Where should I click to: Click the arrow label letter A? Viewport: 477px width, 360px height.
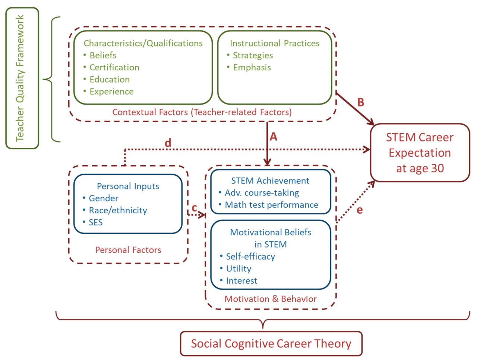pyautogui.click(x=274, y=137)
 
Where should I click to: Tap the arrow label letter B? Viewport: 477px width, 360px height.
pyautogui.click(x=361, y=102)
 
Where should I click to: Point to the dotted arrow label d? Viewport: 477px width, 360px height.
pyautogui.click(x=168, y=143)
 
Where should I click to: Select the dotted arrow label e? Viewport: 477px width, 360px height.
pyautogui.click(x=360, y=210)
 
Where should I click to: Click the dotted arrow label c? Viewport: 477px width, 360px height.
pyautogui.click(x=194, y=208)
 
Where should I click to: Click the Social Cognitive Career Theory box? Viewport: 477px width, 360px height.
pyautogui.click(x=271, y=344)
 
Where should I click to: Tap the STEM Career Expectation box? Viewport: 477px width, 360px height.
pyautogui.click(x=420, y=153)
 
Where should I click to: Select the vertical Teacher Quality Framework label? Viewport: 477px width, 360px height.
pyautogui.click(x=20, y=78)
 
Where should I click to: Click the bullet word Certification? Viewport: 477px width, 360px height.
pyautogui.click(x=114, y=67)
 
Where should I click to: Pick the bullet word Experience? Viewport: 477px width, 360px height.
pyautogui.click(x=111, y=92)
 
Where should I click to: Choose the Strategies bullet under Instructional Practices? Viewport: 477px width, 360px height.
pyautogui.click(x=253, y=55)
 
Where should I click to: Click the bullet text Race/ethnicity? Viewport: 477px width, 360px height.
pyautogui.click(x=118, y=210)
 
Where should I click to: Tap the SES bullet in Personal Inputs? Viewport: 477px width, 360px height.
pyautogui.click(x=95, y=222)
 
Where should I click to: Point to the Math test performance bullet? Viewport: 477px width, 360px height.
pyautogui.click(x=271, y=205)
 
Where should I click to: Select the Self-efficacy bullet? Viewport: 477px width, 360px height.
pyautogui.click(x=250, y=257)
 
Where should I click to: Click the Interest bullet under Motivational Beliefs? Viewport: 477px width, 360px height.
pyautogui.click(x=241, y=281)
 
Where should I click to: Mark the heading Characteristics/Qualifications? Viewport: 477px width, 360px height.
pyautogui.click(x=143, y=43)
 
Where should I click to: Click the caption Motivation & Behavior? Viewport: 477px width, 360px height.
pyautogui.click(x=271, y=299)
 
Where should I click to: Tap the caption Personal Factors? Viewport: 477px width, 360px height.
pyautogui.click(x=128, y=250)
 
